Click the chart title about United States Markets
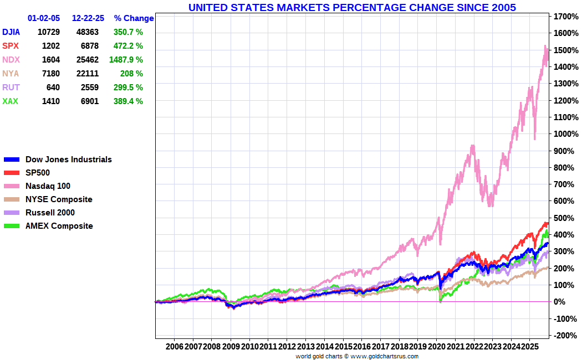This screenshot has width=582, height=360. pyautogui.click(x=352, y=7)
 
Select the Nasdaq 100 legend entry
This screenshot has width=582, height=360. pyautogui.click(x=48, y=186)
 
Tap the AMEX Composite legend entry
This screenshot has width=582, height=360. pyautogui.click(x=59, y=226)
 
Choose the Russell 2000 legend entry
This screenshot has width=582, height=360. pyautogui.click(x=50, y=213)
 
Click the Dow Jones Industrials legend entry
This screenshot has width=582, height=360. pyautogui.click(x=68, y=160)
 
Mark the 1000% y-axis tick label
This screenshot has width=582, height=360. pyautogui.click(x=566, y=134)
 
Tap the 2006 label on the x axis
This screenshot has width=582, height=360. pyautogui.click(x=174, y=346)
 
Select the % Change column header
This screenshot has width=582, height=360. pyautogui.click(x=134, y=18)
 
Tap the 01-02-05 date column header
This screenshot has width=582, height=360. pyautogui.click(x=44, y=18)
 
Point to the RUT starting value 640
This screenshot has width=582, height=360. pyautogui.click(x=53, y=88)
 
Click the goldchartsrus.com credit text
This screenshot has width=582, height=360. pyautogui.click(x=357, y=356)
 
